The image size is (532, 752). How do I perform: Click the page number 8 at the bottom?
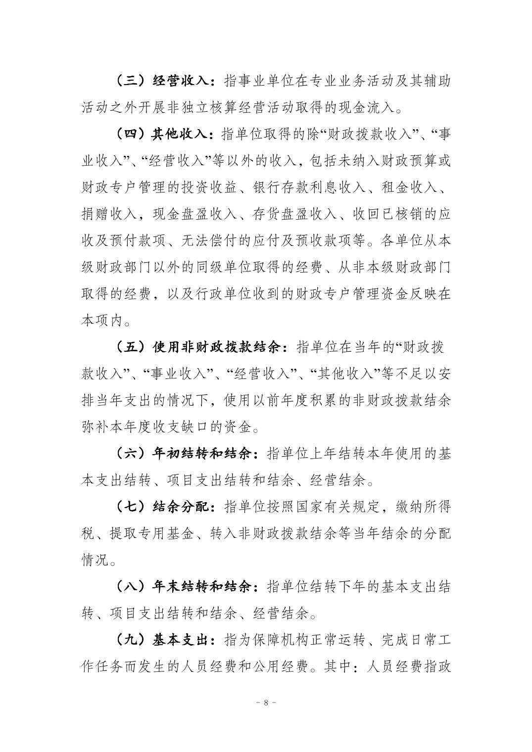tap(266, 703)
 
